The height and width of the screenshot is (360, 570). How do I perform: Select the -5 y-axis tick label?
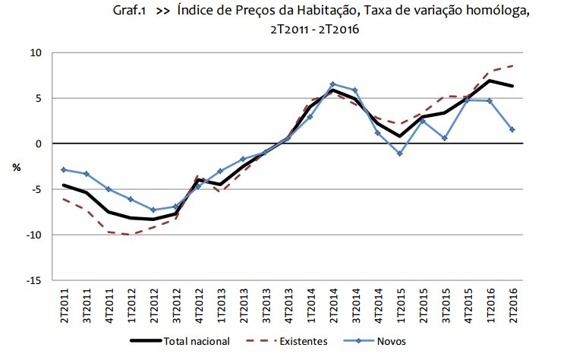(36, 189)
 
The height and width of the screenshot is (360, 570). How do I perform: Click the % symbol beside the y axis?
(16, 166)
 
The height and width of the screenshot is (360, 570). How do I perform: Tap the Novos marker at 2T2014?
(333, 84)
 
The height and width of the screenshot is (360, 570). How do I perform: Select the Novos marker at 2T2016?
(512, 130)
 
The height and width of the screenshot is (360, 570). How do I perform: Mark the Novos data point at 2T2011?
(65, 169)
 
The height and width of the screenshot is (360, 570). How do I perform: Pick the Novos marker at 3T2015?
(446, 138)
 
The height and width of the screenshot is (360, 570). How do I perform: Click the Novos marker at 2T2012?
(154, 210)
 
